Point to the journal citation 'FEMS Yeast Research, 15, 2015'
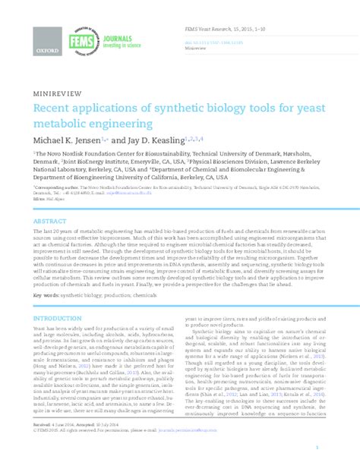(223, 28)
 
